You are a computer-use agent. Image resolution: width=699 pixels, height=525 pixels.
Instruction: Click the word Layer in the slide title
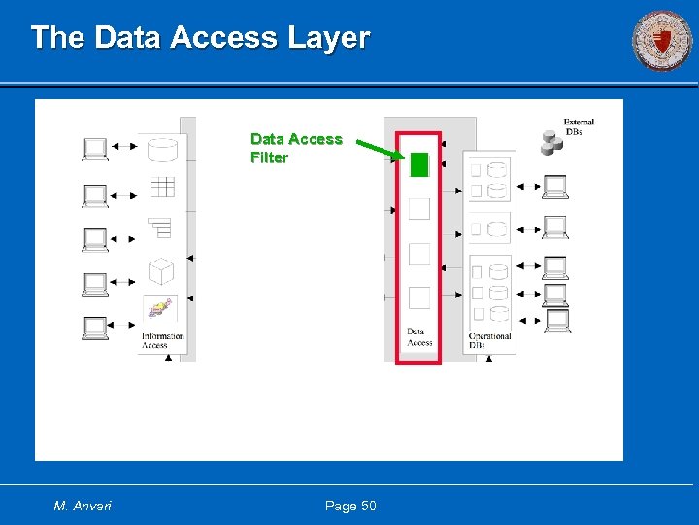[x=328, y=38]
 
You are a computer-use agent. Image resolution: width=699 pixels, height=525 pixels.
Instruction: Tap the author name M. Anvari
[x=83, y=506]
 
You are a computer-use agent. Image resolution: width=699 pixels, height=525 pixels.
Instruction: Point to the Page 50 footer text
[x=350, y=506]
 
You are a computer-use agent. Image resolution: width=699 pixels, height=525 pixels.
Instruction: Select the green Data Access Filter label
[x=296, y=148]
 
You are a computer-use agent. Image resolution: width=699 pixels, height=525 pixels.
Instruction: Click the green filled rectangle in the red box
[x=418, y=164]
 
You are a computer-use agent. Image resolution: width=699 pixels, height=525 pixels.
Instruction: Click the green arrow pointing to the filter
[x=379, y=150]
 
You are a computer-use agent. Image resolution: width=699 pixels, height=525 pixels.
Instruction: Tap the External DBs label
[x=579, y=126]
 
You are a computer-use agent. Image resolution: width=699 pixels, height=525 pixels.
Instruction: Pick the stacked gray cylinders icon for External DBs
[x=551, y=144]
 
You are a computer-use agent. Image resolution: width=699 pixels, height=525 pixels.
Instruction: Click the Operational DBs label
[x=489, y=341]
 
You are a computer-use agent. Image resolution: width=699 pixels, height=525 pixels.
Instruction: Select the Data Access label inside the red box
[x=419, y=336]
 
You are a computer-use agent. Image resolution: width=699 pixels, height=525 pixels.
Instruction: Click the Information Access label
[x=162, y=341]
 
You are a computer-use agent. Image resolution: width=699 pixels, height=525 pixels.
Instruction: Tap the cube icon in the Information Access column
[x=161, y=271]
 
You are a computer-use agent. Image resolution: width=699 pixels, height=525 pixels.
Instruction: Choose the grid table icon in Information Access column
[x=162, y=187]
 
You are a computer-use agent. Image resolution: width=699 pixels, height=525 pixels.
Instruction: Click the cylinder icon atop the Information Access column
[x=162, y=149]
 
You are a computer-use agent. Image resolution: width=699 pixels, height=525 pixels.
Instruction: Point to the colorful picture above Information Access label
[x=160, y=310]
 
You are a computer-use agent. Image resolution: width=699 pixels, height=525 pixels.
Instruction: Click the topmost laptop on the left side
[x=95, y=149]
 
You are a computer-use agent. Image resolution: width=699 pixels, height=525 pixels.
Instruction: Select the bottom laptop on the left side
[x=95, y=328]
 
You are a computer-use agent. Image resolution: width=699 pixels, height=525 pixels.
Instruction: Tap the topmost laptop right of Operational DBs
[x=555, y=185]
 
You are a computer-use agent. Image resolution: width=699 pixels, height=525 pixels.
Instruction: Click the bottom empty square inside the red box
[x=418, y=297]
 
